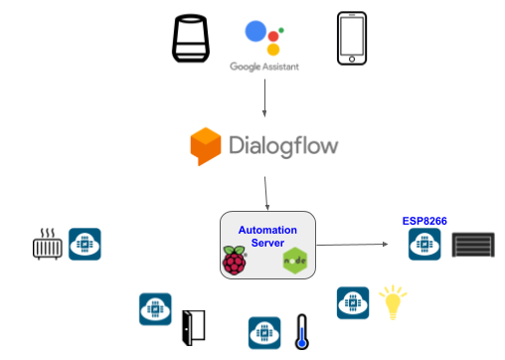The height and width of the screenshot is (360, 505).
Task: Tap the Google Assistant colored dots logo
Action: pos(263,38)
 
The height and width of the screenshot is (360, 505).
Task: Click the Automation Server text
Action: pos(266,235)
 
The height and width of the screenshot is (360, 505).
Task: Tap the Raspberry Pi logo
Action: pos(235,263)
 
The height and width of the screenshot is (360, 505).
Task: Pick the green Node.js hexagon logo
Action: pos(293,264)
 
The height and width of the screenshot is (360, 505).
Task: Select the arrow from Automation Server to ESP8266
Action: pos(353,244)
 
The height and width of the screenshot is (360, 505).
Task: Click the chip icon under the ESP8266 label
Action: pos(424,245)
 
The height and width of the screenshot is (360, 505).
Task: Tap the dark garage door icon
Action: pos(472,245)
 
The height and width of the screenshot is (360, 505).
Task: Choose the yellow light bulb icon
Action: pos(395,302)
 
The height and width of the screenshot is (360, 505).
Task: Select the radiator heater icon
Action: pos(47,245)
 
